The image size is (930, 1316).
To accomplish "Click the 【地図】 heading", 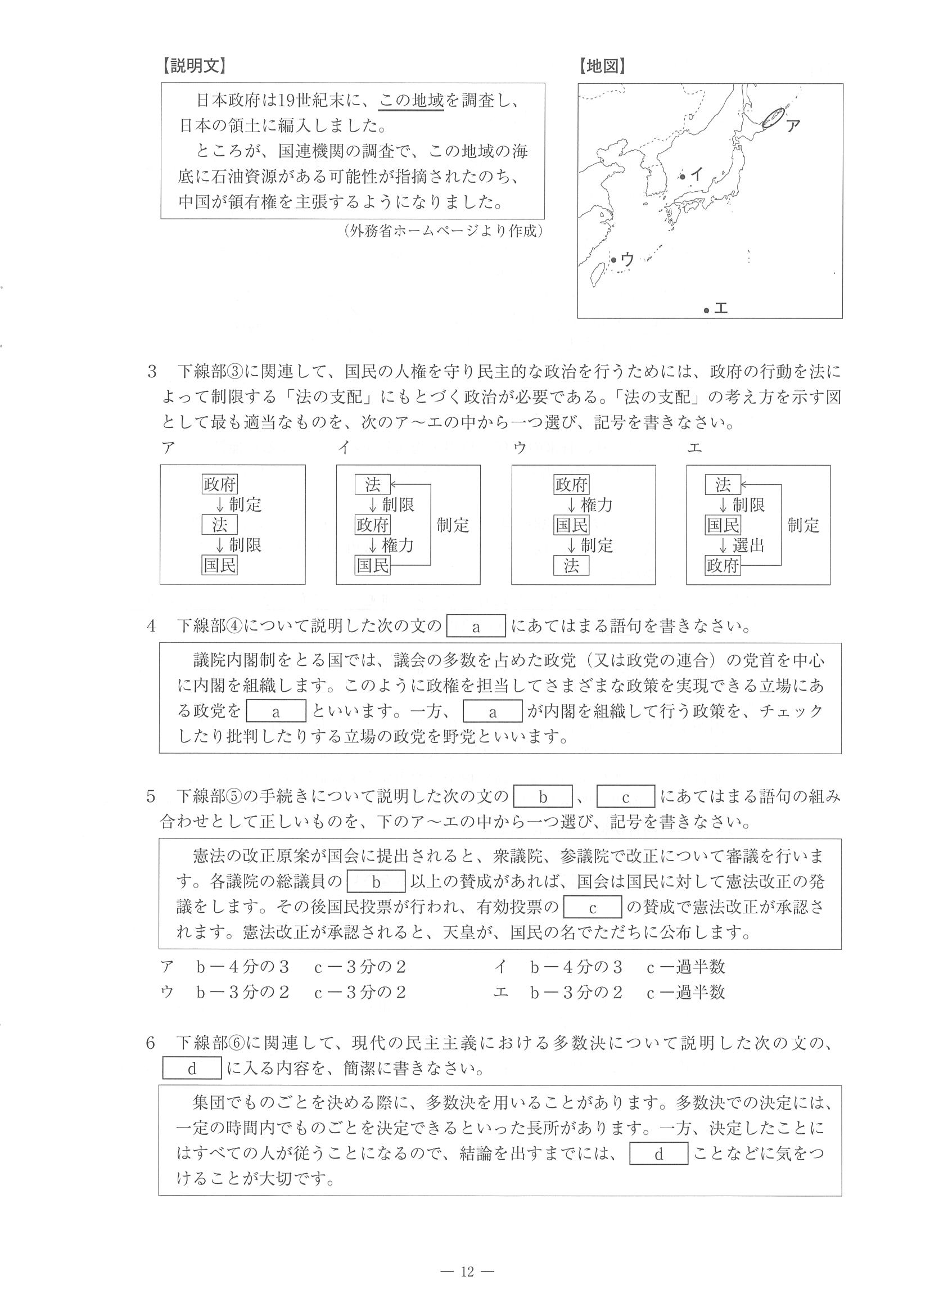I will point(602,66).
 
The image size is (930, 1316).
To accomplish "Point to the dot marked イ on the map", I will point(683,177).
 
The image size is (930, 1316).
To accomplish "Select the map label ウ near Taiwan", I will point(627,260).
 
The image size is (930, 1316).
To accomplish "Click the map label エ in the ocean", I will point(721,308).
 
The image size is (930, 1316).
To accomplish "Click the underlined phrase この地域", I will point(412,101).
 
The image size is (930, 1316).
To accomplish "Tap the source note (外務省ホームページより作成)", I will point(444,231).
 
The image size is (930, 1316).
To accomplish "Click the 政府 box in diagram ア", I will point(219,484).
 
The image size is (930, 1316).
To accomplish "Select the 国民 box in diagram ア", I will point(219,566).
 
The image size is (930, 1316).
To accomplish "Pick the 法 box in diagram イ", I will point(372,485).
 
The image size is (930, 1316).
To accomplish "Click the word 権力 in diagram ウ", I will point(597,505).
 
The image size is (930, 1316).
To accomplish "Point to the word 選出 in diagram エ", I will point(748,545).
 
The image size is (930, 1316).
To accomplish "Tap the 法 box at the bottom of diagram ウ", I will point(571,566).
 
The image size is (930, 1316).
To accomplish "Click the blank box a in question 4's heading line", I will point(476,627).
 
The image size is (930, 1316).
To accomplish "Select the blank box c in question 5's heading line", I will point(626,797).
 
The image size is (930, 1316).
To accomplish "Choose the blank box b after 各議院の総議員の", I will point(377,882).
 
